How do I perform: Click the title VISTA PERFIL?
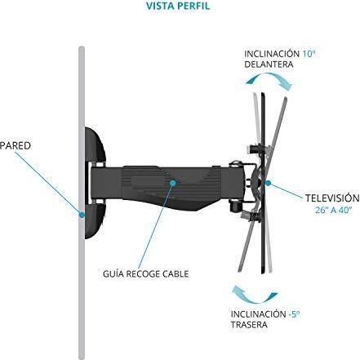click(178, 6)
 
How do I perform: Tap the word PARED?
click(15, 145)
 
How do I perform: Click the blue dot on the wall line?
click(82, 215)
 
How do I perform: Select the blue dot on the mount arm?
click(173, 183)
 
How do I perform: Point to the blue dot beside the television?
click(268, 183)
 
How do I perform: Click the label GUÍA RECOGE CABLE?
click(146, 273)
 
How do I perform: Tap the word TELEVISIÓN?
click(332, 198)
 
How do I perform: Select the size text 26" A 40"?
click(334, 210)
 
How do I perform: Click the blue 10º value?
click(309, 54)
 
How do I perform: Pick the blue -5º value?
click(294, 314)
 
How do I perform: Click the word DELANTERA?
click(265, 64)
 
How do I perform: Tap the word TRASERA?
click(249, 325)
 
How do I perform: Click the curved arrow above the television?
click(269, 79)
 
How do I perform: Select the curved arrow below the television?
click(255, 296)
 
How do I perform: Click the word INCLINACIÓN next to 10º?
click(272, 54)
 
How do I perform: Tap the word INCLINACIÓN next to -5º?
click(258, 314)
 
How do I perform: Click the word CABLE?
click(176, 273)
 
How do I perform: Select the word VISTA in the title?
click(160, 6)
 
